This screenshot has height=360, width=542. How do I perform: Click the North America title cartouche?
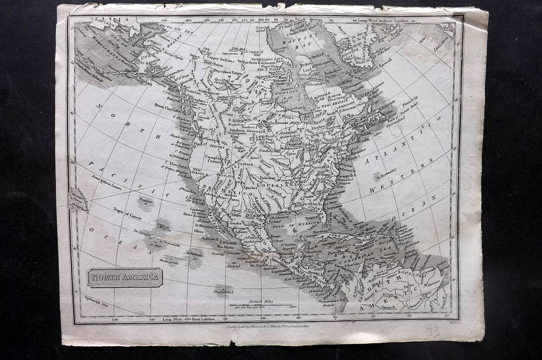pos(125,278)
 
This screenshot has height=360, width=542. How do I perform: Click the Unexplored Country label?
pos(215,159)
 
